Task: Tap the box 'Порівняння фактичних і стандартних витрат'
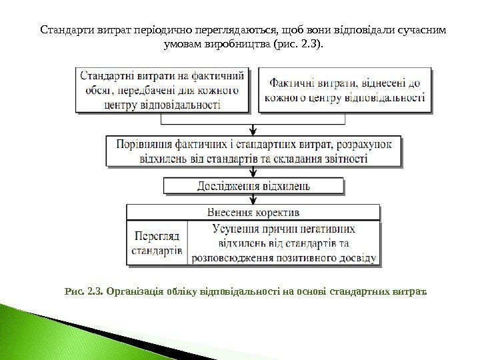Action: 254,151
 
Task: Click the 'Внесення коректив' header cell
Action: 253,213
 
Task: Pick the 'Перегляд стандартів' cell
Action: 158,243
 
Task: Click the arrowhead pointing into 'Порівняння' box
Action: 253,132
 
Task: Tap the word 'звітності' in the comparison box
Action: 344,159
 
